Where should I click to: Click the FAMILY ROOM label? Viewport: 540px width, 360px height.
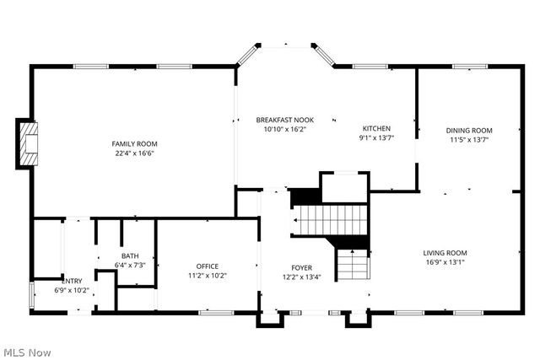[136, 143]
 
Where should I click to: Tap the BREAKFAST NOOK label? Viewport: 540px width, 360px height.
[285, 121]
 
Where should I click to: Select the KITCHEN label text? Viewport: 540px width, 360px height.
[376, 128]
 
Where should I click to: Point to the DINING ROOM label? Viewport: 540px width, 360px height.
[469, 130]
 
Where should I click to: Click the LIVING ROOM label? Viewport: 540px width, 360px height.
[445, 252]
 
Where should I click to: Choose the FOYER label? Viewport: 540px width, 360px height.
[302, 267]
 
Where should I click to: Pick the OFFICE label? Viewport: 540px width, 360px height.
[208, 266]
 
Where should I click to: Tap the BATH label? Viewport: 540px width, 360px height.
[130, 255]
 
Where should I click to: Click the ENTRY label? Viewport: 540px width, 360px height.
[72, 281]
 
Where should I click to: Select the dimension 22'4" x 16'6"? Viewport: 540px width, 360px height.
[136, 153]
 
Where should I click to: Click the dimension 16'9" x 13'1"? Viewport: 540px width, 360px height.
[445, 261]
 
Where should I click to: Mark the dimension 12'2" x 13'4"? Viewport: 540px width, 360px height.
[302, 277]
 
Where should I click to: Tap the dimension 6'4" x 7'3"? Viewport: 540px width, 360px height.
[130, 265]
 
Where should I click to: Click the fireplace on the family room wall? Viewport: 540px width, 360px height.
[30, 145]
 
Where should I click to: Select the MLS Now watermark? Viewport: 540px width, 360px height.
[27, 351]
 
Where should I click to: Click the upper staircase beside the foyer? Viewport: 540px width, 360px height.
[332, 219]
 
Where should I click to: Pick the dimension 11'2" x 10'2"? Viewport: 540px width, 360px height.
[208, 275]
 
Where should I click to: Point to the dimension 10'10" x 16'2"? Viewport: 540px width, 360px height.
[285, 130]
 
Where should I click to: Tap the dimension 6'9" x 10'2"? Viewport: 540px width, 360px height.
[72, 290]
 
